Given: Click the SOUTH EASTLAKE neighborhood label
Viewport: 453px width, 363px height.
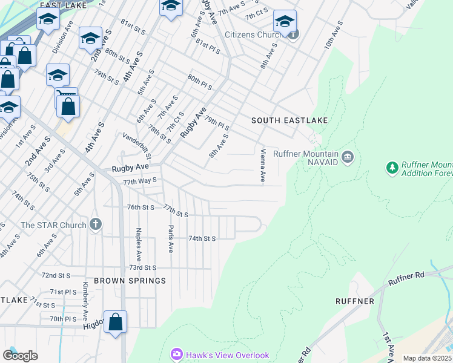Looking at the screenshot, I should (x=289, y=120).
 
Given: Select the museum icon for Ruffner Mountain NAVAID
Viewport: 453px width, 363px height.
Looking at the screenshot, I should (x=348, y=158).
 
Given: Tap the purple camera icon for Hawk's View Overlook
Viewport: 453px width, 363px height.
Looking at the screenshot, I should (x=176, y=354).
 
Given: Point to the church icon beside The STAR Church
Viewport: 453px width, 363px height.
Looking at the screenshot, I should (x=95, y=225).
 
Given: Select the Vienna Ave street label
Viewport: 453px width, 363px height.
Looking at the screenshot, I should (x=263, y=166).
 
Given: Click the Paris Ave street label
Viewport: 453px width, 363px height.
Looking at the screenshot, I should (x=171, y=239).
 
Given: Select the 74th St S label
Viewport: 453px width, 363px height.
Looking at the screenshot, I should (x=202, y=238).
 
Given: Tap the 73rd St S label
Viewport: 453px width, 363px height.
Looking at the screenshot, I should (x=142, y=267).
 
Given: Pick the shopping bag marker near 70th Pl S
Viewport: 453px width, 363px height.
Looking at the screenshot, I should (x=116, y=322).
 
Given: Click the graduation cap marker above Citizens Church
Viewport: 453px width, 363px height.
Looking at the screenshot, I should (x=284, y=22).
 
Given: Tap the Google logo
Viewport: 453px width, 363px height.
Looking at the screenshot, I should (x=20, y=355).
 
